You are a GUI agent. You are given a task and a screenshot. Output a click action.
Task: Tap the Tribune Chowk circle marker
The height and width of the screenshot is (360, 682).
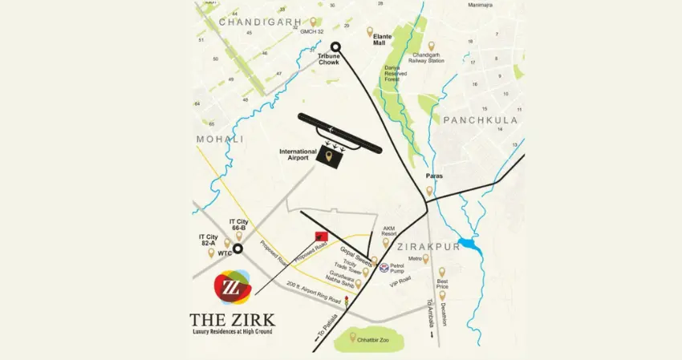pos(336,47)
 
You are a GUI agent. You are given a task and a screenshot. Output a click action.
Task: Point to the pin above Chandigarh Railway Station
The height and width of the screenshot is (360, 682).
pos(432,47)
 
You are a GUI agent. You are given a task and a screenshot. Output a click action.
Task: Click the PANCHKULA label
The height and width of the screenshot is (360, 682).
pos(479,120)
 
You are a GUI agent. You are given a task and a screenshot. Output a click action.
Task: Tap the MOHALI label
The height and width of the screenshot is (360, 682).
pos(220,140)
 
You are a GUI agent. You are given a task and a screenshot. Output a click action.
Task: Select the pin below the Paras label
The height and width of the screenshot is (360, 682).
pos(429,191)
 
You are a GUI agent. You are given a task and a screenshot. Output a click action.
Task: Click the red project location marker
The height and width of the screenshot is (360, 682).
pos(322,235)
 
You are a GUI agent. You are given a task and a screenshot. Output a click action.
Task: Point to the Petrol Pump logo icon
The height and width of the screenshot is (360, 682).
pos(384,268)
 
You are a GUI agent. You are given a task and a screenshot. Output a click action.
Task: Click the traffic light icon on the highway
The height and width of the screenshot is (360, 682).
pos(347,303)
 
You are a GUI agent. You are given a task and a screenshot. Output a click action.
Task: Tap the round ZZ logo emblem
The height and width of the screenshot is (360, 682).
pos(232,289)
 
